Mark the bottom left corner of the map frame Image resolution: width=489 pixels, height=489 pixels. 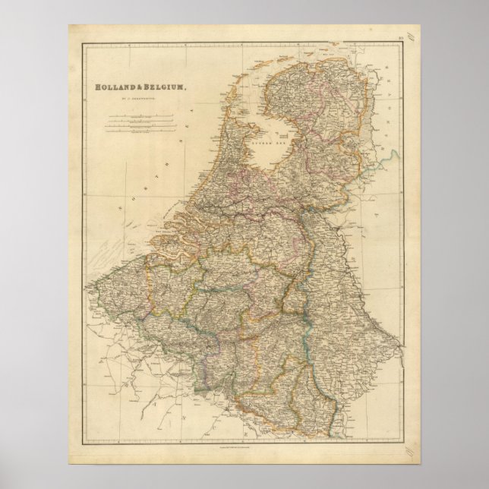(x=80, y=446)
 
